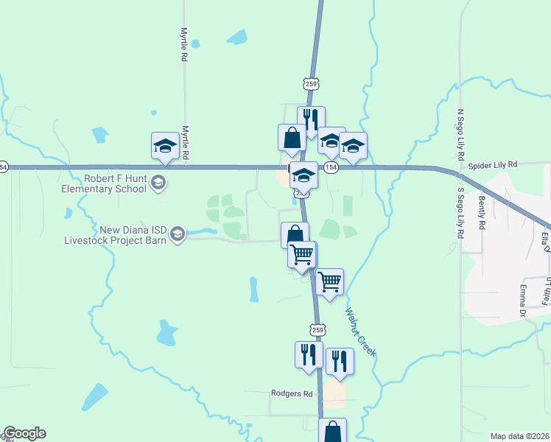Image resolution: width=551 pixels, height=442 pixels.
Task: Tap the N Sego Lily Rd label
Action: (x=460, y=135)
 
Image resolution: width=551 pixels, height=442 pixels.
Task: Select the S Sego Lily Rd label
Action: (x=460, y=212)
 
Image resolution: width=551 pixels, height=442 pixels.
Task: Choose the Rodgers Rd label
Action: (x=292, y=393)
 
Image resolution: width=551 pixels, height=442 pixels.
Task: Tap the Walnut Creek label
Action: (x=361, y=332)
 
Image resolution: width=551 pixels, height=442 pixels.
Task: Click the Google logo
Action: (x=24, y=433)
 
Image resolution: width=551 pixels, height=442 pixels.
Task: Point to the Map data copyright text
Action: (x=520, y=436)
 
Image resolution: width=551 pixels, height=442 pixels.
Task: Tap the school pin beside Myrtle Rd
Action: (x=165, y=146)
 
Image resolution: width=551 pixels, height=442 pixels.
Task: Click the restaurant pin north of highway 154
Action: (x=311, y=120)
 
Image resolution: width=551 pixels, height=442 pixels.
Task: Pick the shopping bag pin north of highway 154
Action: (x=292, y=138)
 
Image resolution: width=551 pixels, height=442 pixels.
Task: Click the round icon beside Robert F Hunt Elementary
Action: (x=158, y=182)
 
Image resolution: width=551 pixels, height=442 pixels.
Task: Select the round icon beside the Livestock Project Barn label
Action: (x=177, y=235)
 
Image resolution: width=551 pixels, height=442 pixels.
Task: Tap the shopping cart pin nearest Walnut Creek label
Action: (x=329, y=281)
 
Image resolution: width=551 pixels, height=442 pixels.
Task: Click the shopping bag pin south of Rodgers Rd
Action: (x=333, y=430)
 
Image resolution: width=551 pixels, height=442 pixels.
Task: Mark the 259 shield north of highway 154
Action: (x=311, y=84)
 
